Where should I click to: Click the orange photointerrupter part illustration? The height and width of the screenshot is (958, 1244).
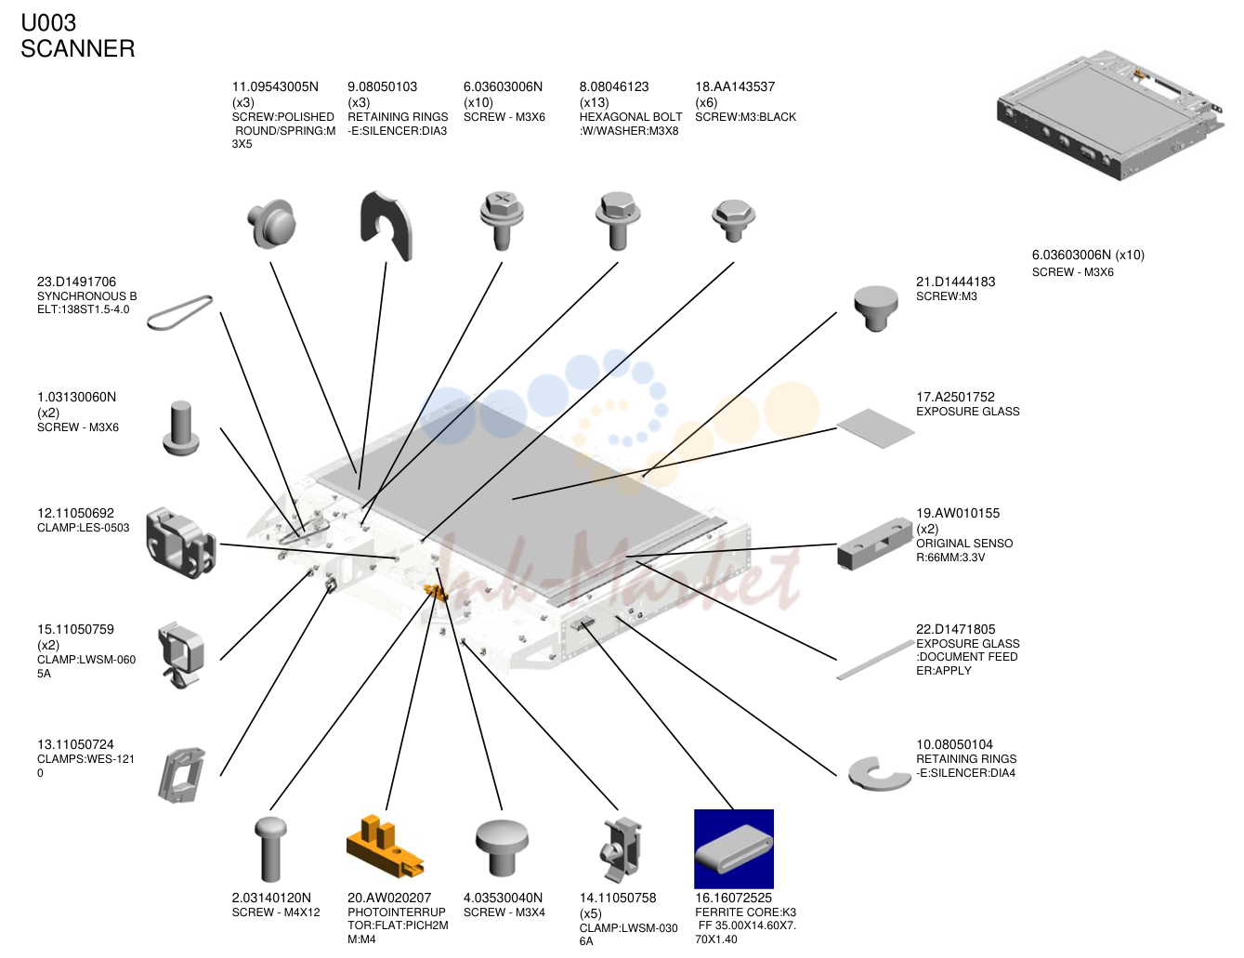coord(385,847)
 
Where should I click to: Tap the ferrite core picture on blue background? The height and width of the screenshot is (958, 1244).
coord(733,848)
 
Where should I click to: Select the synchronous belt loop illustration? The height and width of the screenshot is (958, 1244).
coord(179,312)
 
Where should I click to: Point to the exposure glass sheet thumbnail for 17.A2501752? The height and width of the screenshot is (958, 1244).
coord(875,428)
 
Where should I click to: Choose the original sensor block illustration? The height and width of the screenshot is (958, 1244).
coord(874,544)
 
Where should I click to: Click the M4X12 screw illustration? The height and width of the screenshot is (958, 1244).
coord(270,849)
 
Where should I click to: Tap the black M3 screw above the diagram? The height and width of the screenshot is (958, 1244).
coord(733,220)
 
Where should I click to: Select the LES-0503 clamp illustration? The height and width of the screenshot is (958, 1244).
coord(181,543)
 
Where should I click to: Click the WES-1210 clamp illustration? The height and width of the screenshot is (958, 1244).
coord(181,775)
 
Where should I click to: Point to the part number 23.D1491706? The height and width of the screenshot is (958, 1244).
coord(76,282)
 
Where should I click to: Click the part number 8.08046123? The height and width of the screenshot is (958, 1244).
coord(614,86)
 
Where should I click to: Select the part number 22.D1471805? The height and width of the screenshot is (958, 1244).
coord(955,629)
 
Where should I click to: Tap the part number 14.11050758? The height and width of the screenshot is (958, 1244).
coord(618,898)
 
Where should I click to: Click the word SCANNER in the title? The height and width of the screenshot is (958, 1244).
coord(78,48)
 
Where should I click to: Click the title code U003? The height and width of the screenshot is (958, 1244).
coord(48,23)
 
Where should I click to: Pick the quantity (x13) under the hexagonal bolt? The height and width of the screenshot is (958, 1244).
coord(594,102)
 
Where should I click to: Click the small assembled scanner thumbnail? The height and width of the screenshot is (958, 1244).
coord(1109,114)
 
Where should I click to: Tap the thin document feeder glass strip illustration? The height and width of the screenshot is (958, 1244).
coord(875,660)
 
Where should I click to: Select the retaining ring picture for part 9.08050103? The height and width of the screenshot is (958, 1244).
coord(386,226)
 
